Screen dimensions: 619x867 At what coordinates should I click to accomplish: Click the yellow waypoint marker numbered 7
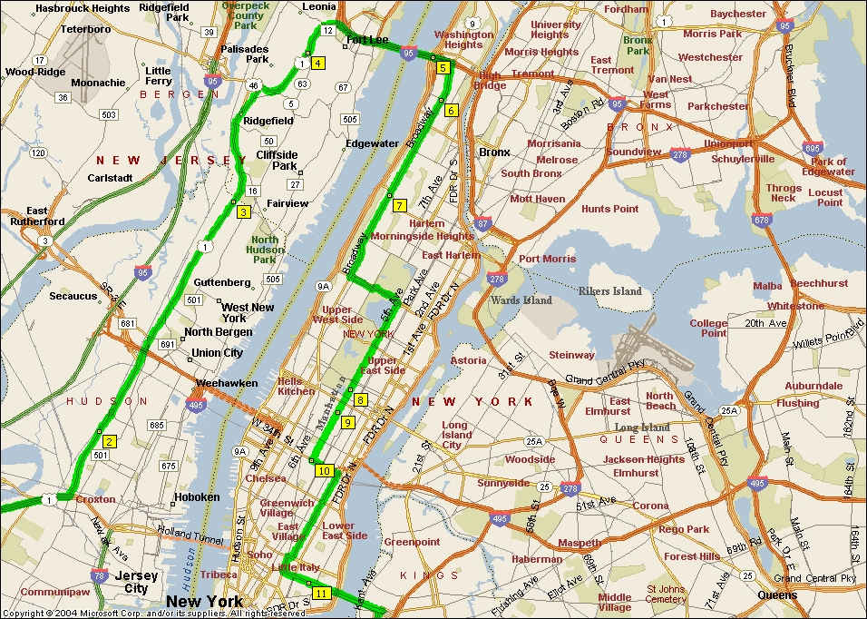pyautogui.click(x=400, y=205)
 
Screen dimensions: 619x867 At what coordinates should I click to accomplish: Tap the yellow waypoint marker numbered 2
pyautogui.click(x=109, y=442)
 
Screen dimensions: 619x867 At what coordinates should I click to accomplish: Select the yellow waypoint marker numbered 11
pyautogui.click(x=321, y=594)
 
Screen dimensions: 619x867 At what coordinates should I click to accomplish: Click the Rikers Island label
pyautogui.click(x=610, y=291)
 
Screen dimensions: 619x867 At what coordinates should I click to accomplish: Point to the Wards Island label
pyautogui.click(x=521, y=300)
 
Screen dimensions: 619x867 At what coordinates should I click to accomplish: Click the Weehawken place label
pyautogui.click(x=227, y=383)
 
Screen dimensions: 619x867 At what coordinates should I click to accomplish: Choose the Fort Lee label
pyautogui.click(x=367, y=40)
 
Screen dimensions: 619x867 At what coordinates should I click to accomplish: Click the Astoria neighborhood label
pyautogui.click(x=468, y=360)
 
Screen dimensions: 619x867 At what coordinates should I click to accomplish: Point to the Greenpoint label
pyautogui.click(x=412, y=542)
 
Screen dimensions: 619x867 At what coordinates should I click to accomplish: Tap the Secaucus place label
pyautogui.click(x=73, y=296)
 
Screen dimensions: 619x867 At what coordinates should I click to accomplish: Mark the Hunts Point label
pyautogui.click(x=610, y=209)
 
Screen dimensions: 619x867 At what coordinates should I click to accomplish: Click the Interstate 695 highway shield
pyautogui.click(x=813, y=147)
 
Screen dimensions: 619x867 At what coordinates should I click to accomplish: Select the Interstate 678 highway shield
pyautogui.click(x=762, y=219)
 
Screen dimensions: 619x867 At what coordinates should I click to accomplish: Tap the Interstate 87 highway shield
pyautogui.click(x=482, y=222)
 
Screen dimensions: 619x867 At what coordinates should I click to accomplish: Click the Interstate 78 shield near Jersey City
pyautogui.click(x=98, y=575)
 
